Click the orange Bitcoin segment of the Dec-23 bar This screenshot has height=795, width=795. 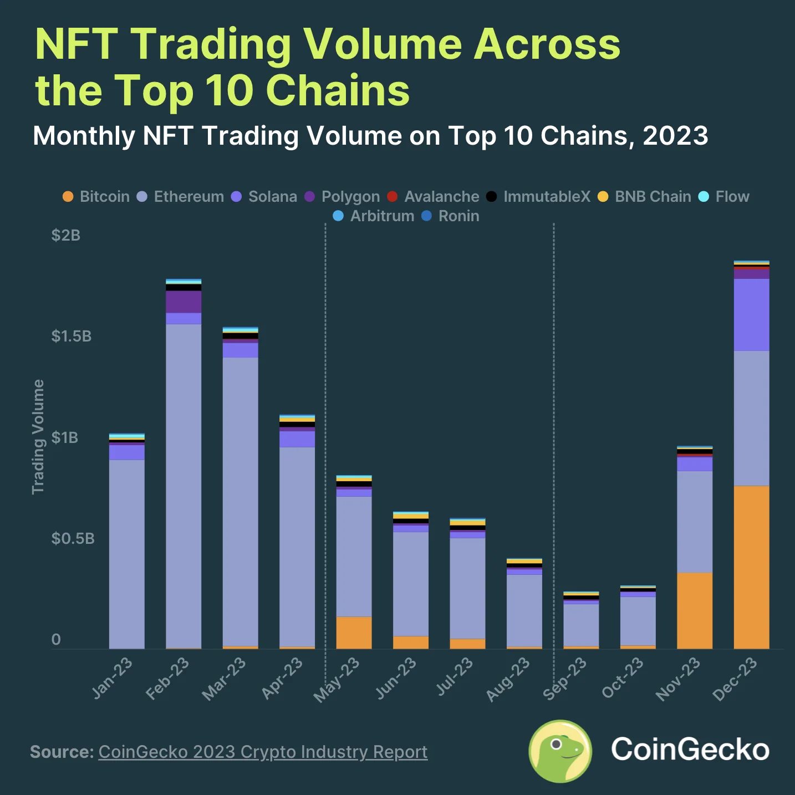(751, 567)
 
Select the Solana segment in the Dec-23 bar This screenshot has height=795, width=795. (751, 314)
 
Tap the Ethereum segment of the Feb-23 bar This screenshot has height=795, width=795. (184, 485)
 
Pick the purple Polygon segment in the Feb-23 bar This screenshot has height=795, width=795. (184, 302)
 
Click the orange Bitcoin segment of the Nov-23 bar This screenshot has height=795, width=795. (695, 610)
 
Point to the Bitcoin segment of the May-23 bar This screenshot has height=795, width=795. (354, 633)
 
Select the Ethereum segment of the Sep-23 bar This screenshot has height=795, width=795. (581, 625)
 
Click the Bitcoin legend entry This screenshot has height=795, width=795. (96, 197)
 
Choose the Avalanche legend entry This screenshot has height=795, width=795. (433, 197)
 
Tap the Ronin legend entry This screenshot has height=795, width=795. (450, 216)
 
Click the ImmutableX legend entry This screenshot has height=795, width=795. (538, 197)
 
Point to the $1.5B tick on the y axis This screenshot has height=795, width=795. (71, 337)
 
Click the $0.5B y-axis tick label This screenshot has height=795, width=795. (73, 539)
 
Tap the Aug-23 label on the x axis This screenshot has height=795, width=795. (508, 680)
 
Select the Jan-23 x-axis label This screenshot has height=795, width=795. (112, 679)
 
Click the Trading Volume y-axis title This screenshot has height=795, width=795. (38, 437)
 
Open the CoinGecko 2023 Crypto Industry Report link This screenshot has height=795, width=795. (263, 752)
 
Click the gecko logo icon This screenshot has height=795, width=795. (560, 751)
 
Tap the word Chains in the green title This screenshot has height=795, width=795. (338, 90)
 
